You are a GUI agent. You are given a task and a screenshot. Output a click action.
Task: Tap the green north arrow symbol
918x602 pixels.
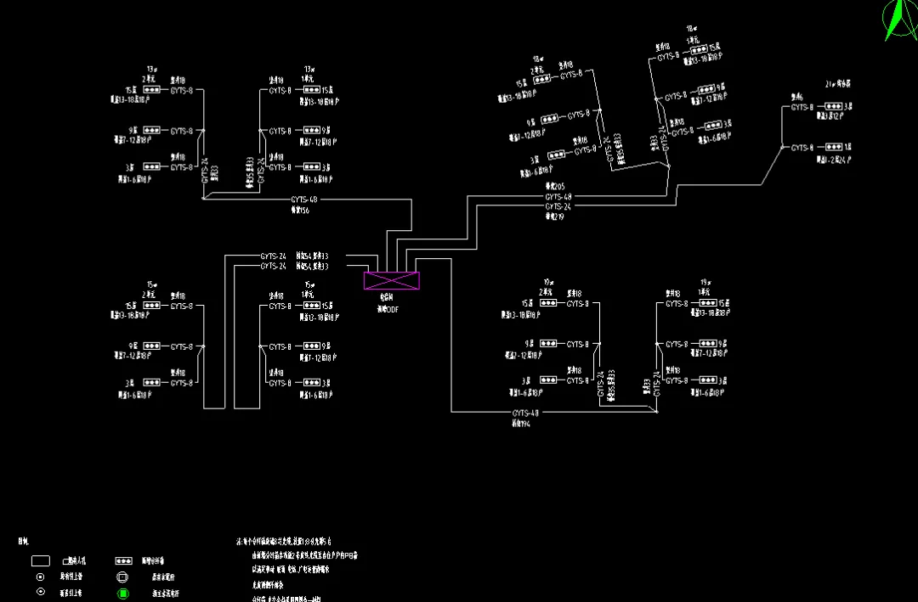(897, 22)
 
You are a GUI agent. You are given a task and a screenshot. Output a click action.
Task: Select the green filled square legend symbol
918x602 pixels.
(123, 593)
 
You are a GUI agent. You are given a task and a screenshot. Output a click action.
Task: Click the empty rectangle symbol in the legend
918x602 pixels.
(40, 561)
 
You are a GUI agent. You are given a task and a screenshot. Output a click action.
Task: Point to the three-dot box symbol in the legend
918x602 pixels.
(124, 561)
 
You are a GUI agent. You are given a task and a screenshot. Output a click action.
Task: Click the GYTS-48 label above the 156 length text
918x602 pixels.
(303, 200)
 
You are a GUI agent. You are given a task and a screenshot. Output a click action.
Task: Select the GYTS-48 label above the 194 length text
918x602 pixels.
(525, 414)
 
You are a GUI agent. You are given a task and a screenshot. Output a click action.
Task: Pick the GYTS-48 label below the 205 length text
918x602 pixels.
(558, 197)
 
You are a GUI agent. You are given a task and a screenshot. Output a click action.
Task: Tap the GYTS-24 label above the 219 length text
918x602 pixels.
(558, 206)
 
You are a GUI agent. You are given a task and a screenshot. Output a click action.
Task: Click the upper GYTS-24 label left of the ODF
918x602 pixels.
(273, 256)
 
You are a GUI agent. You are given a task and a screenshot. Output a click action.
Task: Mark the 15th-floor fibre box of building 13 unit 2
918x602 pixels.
(152, 89)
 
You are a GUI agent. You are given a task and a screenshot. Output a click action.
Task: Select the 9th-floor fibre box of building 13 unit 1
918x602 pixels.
(311, 132)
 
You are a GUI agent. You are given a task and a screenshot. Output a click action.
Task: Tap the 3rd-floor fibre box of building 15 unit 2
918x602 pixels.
(152, 383)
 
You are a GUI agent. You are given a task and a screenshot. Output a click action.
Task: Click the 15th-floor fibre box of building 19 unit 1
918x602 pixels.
(706, 303)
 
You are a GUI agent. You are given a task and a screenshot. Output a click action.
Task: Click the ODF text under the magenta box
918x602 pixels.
(388, 310)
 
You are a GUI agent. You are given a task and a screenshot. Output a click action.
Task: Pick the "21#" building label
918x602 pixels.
(831, 85)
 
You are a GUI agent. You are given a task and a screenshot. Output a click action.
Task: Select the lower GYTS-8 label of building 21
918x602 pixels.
(802, 148)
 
